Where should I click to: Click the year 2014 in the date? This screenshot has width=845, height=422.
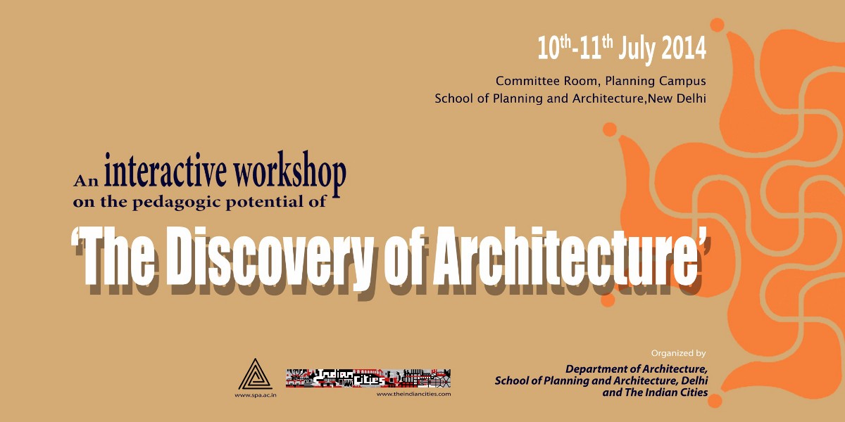[x=684, y=49]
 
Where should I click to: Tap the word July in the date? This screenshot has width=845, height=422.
[x=637, y=50]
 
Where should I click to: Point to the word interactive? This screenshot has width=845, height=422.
[x=165, y=171]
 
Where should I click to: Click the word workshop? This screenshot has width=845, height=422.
[x=289, y=173]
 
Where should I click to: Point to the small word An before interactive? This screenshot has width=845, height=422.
[x=86, y=181]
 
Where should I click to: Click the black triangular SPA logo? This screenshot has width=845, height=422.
[x=256, y=374]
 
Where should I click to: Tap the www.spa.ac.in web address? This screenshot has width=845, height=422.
[x=256, y=395]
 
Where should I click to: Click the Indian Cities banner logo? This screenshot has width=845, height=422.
[x=368, y=378]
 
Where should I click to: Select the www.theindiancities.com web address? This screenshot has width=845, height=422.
[x=413, y=394]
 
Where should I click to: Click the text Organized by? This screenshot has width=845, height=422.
[x=678, y=353]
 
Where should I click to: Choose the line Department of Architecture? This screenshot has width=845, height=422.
[x=637, y=369]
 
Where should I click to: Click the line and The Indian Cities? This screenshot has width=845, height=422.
[x=655, y=392]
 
